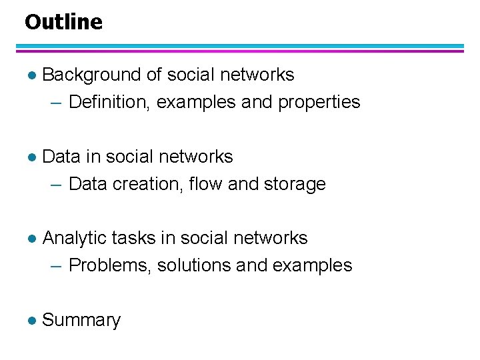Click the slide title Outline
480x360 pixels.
pos(63,22)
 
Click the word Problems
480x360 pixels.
pos(110,265)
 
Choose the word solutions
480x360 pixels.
pos(194,265)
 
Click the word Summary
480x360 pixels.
pos(81,320)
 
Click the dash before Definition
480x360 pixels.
pos(57,103)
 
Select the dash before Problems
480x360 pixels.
pos(57,266)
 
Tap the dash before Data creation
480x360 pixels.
pos(57,184)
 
